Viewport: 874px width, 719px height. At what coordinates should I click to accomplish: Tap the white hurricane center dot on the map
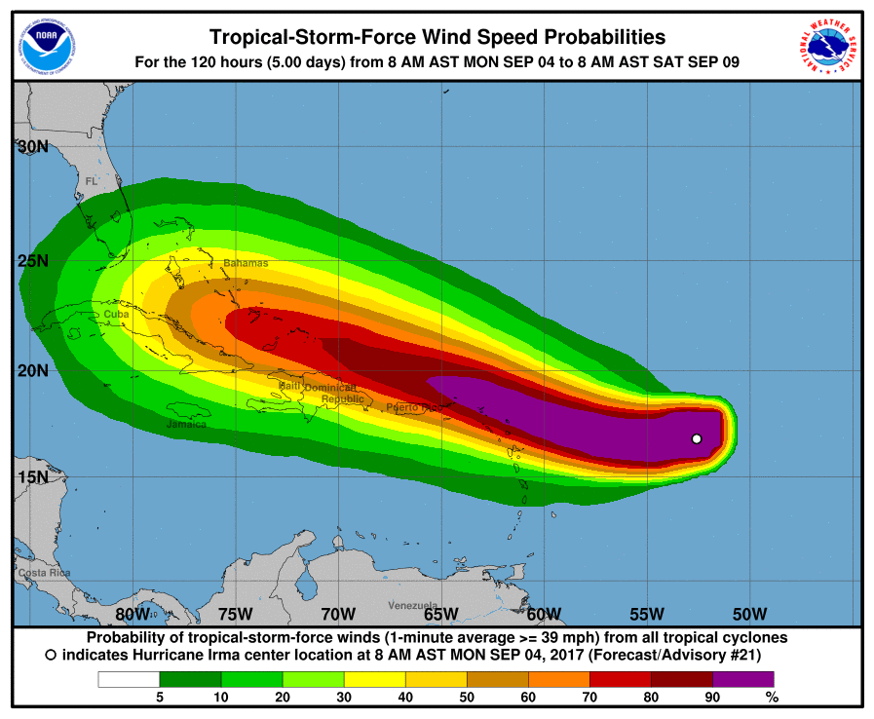697,438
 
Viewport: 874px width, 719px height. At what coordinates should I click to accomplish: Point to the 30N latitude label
34,147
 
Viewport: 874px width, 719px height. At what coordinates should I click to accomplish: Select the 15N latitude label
33,477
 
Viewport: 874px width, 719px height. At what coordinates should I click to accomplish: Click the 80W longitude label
133,614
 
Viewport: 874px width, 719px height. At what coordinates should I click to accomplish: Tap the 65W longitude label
440,614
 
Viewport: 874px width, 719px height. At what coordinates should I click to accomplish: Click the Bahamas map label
246,263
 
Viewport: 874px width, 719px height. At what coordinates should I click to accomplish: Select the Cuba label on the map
116,314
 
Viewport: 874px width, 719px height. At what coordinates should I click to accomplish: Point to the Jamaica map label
185,424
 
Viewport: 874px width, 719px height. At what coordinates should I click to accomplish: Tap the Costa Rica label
45,573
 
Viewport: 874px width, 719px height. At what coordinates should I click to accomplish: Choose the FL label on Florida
92,181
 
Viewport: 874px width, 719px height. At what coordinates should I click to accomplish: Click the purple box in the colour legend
743,679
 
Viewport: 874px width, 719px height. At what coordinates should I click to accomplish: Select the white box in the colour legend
128,679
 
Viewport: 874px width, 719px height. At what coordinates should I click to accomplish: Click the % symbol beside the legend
772,698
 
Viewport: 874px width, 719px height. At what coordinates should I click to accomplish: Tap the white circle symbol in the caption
51,656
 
